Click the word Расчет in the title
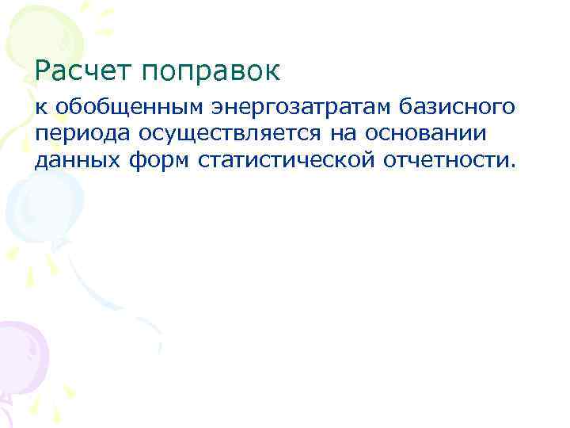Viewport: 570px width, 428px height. point(85,71)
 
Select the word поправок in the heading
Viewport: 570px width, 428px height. point(211,73)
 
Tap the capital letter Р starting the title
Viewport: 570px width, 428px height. point(44,71)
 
